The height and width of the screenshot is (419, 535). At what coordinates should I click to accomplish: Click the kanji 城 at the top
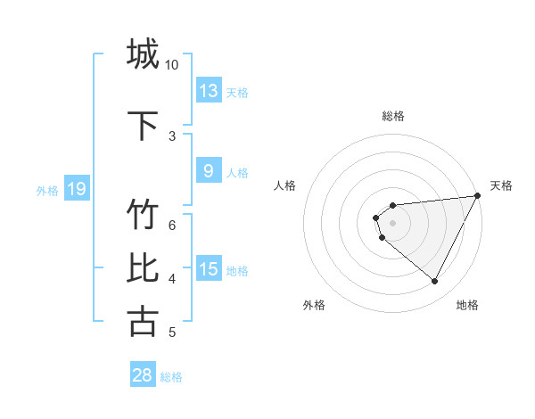pos(143,53)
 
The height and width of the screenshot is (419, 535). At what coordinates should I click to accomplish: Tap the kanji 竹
pos(143,215)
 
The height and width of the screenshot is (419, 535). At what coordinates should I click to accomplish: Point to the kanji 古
pos(143,321)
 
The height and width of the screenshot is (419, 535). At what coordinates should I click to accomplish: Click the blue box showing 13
pos(209,91)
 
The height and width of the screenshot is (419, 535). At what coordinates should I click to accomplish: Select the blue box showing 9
pos(209,171)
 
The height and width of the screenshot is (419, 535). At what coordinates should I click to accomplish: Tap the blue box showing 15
pos(209,269)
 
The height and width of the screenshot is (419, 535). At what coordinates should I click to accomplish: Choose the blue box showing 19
pos(77,189)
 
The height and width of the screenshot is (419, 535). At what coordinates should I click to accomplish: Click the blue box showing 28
pos(143,375)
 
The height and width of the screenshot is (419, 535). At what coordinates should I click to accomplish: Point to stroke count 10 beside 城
pos(172,65)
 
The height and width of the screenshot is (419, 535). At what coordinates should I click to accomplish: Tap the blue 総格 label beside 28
pos(171,376)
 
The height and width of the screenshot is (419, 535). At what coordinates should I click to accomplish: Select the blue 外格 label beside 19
pos(47,190)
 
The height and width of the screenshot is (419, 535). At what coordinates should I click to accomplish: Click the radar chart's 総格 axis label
pos(393,116)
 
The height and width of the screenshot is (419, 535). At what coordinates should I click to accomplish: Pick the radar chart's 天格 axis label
pos(501,185)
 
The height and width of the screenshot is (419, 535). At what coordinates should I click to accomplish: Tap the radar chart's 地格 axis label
pos(467,305)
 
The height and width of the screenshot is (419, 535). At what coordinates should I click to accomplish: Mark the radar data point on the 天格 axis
pos(477,195)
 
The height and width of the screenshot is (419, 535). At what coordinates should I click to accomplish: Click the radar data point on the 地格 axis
pos(435,282)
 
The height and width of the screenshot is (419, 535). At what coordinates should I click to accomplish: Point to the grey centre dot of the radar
pos(393,223)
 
